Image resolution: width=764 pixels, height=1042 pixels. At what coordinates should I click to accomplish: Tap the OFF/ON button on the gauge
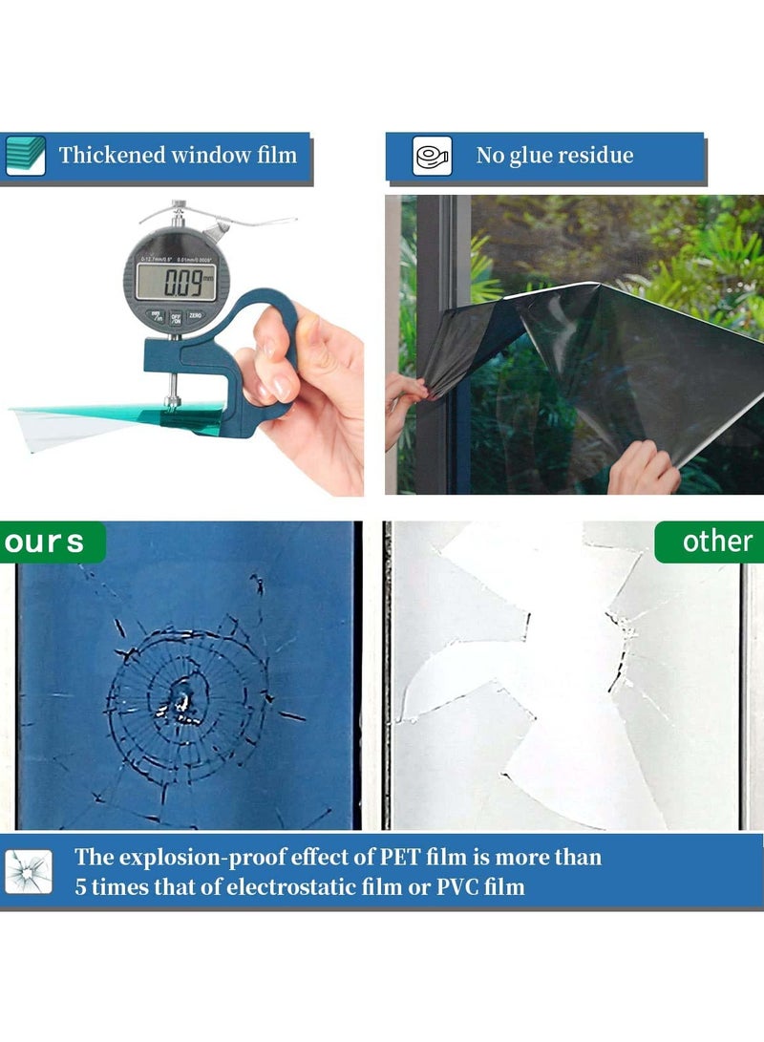[176, 317]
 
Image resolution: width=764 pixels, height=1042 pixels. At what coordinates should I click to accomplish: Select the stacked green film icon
[26, 156]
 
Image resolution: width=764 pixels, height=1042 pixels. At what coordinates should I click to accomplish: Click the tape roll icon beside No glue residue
[432, 156]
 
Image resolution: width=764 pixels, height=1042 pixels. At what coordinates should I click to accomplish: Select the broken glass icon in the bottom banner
[28, 871]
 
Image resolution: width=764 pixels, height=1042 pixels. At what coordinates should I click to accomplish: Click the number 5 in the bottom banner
[82, 886]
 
